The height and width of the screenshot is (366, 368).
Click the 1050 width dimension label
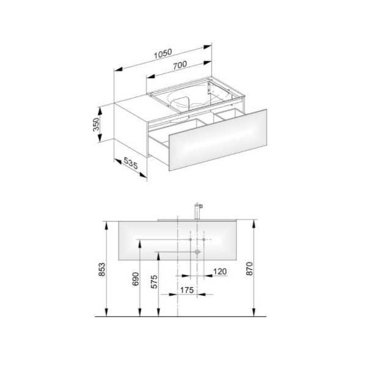[x=163, y=54]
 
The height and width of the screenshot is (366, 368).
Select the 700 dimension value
[x=180, y=65]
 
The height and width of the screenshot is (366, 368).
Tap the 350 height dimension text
[x=96, y=125]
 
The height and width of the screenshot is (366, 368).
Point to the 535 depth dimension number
[x=130, y=163]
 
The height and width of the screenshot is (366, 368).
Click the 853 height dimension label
[x=102, y=269]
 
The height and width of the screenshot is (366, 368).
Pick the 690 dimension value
[x=136, y=279]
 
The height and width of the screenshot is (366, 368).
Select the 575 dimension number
[x=154, y=282]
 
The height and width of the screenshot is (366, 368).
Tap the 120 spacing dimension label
[x=220, y=271]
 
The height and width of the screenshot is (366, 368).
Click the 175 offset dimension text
[x=187, y=290]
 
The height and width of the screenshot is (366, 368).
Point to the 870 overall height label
[x=249, y=269]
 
